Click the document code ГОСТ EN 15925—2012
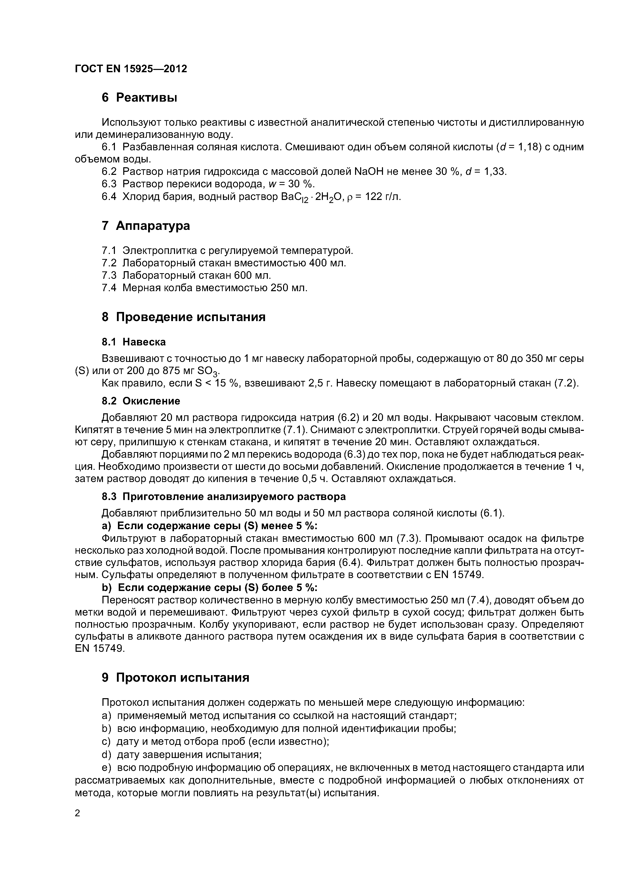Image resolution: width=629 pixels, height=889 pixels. (131, 69)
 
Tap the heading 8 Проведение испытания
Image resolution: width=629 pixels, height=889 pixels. (183, 317)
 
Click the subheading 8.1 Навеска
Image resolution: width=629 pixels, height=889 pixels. (133, 342)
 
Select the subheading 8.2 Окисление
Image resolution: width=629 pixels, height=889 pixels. (141, 401)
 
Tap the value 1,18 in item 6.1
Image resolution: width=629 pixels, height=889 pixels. (529, 147)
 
